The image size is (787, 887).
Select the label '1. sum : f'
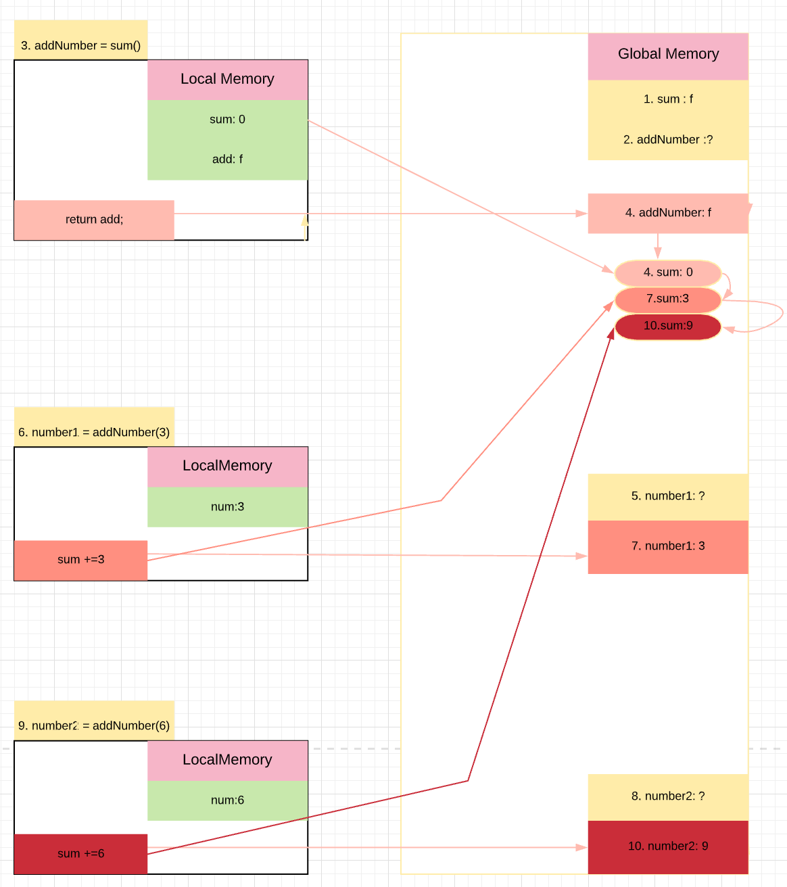(668, 99)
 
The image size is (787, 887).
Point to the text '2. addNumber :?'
(668, 140)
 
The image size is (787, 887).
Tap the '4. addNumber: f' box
(668, 213)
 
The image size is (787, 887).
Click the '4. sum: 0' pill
(668, 272)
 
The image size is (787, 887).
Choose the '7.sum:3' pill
(668, 299)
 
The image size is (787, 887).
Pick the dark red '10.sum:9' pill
(668, 327)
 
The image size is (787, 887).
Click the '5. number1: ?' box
(668, 496)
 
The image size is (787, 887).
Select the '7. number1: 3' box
(668, 546)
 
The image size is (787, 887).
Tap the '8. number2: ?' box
(668, 796)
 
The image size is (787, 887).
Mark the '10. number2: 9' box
(668, 846)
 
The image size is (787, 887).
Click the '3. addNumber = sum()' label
(81, 45)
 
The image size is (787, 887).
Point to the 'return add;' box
(94, 220)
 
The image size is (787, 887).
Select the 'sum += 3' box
(81, 560)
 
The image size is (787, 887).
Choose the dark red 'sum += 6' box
(81, 854)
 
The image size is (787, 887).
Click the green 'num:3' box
(228, 507)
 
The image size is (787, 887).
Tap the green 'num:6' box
(228, 800)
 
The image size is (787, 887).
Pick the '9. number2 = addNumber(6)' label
(94, 725)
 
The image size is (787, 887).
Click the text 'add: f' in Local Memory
(228, 160)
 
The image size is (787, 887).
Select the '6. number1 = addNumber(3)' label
(94, 431)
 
